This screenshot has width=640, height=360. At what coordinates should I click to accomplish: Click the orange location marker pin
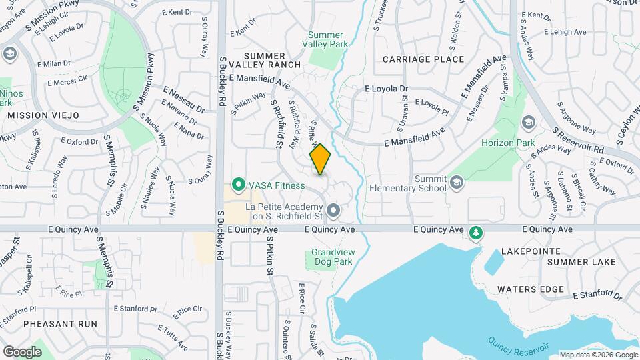[x=321, y=159]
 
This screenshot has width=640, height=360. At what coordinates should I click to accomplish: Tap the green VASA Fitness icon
[x=237, y=185]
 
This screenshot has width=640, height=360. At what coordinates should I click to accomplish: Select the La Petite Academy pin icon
[x=334, y=211]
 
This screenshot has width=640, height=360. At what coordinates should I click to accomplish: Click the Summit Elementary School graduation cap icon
[x=456, y=183]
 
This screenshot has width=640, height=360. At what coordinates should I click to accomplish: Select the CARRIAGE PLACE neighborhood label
[x=423, y=59]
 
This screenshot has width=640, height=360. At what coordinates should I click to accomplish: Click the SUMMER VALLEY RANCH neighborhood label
[x=265, y=60]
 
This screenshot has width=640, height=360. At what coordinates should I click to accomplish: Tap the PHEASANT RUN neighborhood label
[x=60, y=324]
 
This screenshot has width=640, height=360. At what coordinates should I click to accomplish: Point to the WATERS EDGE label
[x=531, y=289]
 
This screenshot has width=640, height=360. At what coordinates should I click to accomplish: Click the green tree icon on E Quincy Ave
[x=475, y=233]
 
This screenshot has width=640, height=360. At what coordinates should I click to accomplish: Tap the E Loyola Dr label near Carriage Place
[x=385, y=89]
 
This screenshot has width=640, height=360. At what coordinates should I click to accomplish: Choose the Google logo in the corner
[x=22, y=351]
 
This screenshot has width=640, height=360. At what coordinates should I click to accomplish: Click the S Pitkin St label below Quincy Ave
[x=270, y=257]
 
